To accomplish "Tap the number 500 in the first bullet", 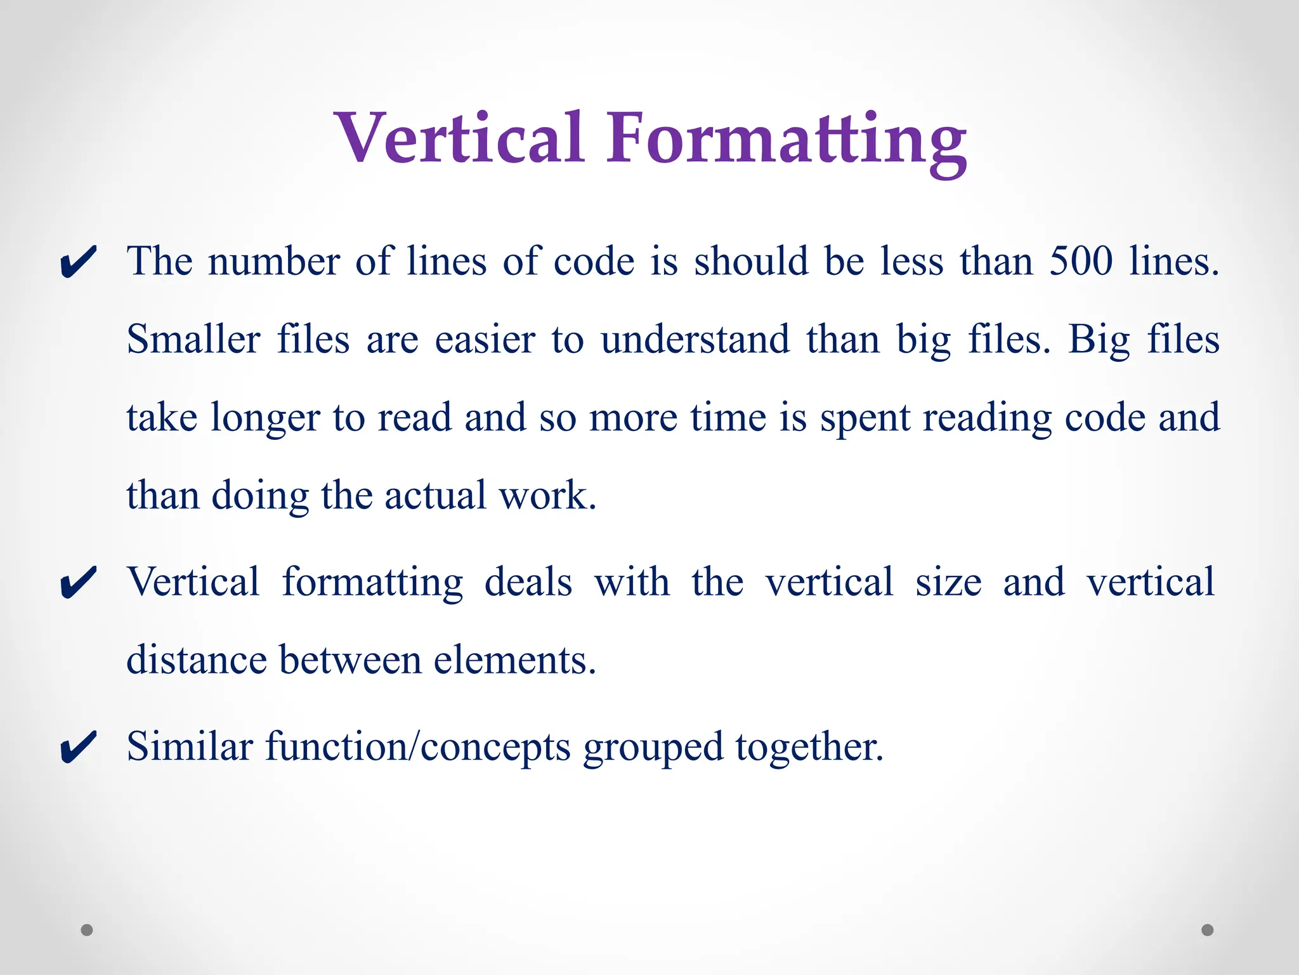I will coord(1081,261).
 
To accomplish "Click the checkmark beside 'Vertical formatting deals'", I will coord(78,583).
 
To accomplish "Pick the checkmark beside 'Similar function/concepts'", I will coord(78,748).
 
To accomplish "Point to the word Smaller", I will coord(193,339).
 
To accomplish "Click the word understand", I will coord(695,339).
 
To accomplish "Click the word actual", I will coord(435,495).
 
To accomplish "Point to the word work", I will coord(547,495).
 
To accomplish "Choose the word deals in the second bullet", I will coord(528,581).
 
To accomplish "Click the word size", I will coord(948,581).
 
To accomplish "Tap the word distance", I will coord(196,660).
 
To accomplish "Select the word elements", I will coord(514,660).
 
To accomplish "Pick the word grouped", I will coord(653,748).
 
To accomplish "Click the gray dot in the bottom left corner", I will coord(87,930).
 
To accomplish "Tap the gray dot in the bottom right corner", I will coord(1208,930).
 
